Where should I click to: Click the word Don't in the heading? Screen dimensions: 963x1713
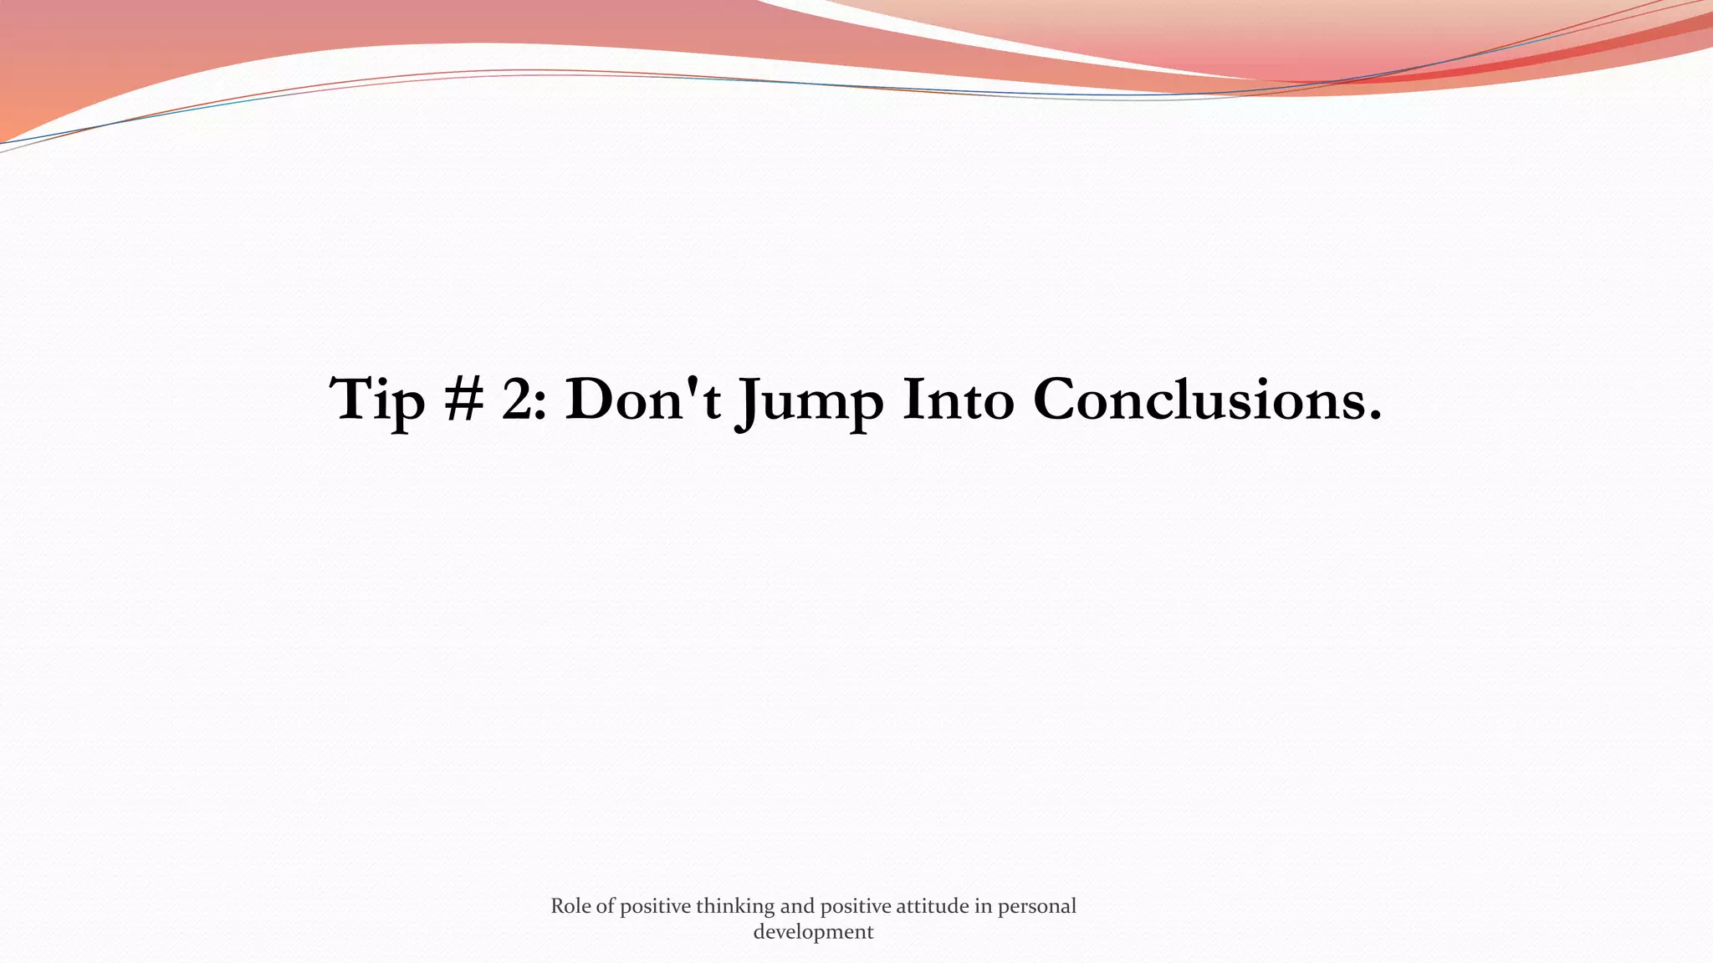(642, 399)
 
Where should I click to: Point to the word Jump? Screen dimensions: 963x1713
(809, 400)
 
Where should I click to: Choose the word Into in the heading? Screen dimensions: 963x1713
(959, 399)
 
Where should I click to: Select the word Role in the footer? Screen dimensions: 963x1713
(570, 906)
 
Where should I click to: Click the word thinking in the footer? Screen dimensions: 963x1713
(735, 907)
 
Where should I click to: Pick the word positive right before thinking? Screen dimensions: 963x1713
(656, 907)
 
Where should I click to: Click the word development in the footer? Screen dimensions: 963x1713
(813, 933)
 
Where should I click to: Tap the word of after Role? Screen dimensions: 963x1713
(605, 906)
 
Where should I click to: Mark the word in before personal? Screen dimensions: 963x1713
(983, 906)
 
